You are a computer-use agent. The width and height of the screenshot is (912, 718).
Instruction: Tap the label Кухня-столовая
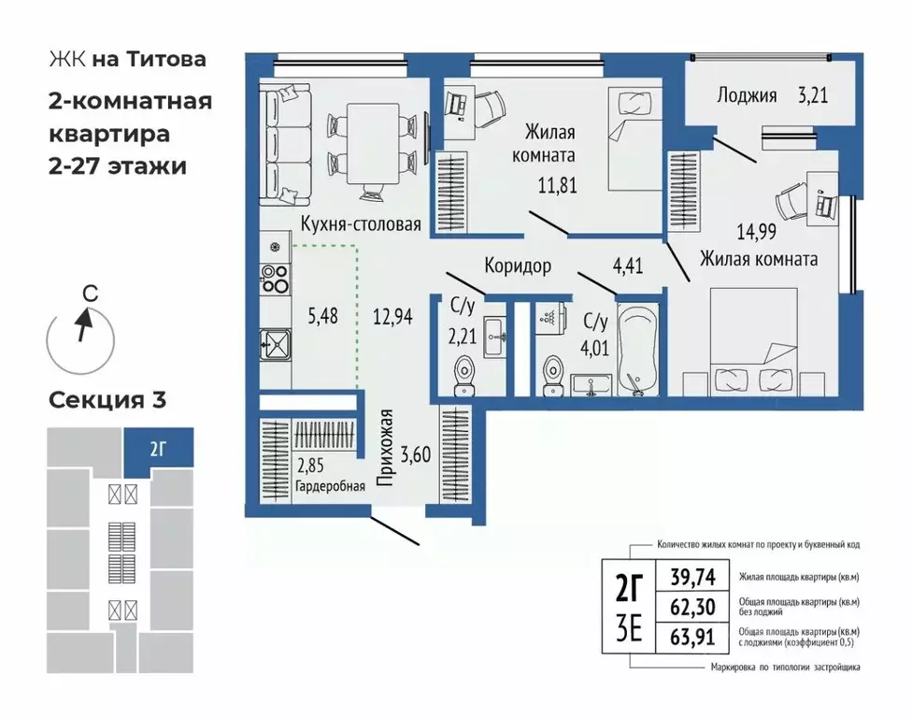point(360,224)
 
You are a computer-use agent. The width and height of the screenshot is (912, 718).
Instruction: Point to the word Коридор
point(517,266)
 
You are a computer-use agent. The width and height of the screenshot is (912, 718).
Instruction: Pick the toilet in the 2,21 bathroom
point(463,374)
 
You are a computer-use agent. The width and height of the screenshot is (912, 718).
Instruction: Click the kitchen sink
point(275,345)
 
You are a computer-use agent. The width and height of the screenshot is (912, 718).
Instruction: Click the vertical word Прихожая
point(383,449)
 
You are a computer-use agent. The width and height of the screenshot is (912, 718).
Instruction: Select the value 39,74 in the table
point(691,578)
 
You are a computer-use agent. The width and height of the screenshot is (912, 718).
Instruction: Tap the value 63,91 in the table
point(691,639)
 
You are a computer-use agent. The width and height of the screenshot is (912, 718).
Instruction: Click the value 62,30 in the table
point(691,608)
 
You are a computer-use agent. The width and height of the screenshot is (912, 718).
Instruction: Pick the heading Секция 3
point(107,401)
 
